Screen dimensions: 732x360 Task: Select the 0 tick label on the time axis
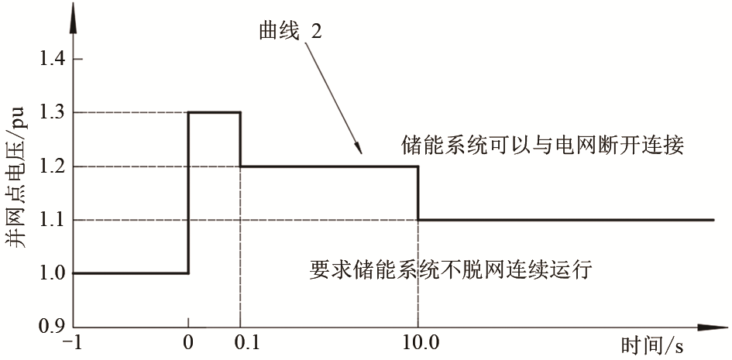click(188, 345)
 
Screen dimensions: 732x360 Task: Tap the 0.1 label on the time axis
click(246, 345)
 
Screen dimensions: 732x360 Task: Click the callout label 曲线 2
click(290, 33)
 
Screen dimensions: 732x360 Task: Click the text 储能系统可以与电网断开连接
click(542, 146)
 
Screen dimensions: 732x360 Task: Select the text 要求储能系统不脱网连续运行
click(451, 270)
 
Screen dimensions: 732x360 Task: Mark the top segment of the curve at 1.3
click(215, 112)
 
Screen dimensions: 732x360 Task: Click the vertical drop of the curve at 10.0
click(418, 193)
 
